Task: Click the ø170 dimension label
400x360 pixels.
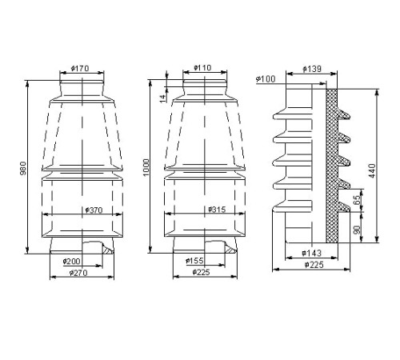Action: point(80,69)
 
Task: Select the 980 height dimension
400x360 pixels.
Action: point(23,168)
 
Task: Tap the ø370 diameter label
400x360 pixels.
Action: point(94,210)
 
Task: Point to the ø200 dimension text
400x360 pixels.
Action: point(71,262)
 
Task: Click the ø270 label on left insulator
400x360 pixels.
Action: point(78,273)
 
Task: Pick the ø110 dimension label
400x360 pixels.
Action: point(202,68)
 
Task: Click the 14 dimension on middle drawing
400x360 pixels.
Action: point(163,98)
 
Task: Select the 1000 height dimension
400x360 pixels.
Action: point(146,167)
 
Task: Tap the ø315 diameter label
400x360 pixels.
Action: point(217,210)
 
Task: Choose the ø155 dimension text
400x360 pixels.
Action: point(194,261)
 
